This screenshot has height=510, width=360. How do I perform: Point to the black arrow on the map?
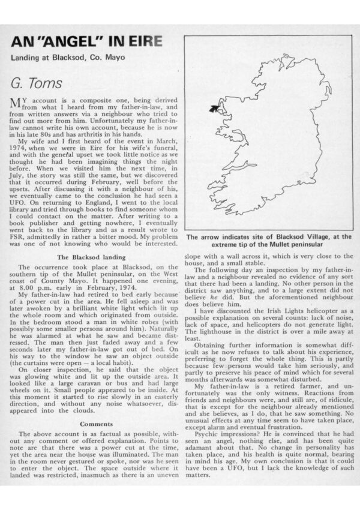[212, 108]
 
